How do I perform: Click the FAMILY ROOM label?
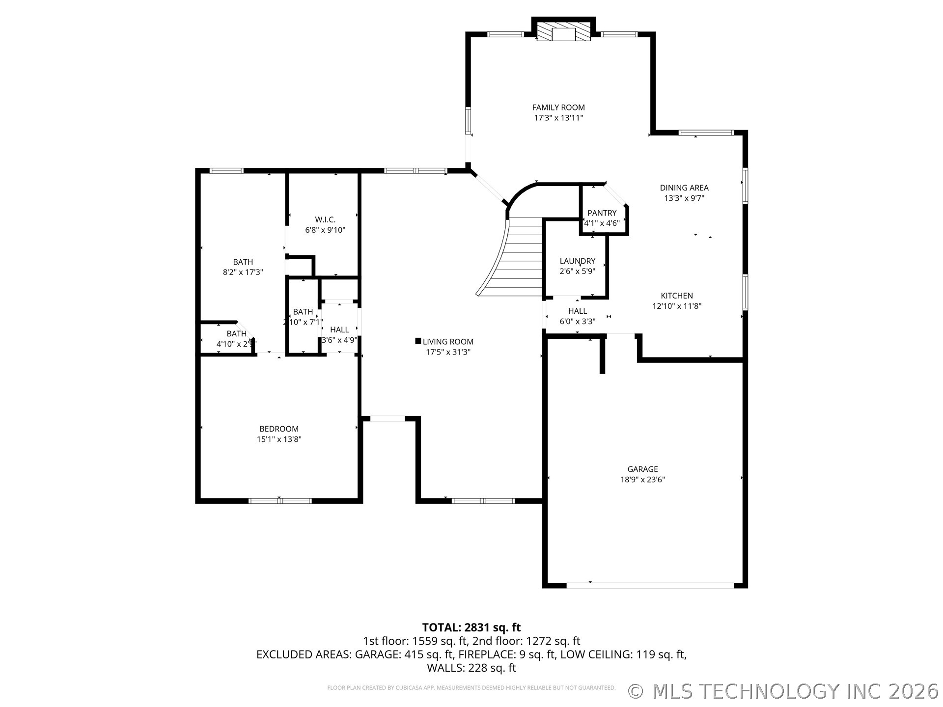(x=558, y=107)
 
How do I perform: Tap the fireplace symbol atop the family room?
(x=563, y=32)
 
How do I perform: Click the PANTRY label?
(x=602, y=213)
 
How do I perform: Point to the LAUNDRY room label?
(x=577, y=261)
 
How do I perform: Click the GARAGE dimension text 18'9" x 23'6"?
(x=642, y=480)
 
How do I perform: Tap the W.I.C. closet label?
(x=325, y=219)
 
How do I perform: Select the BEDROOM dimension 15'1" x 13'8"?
(x=279, y=439)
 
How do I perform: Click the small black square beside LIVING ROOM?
(x=418, y=341)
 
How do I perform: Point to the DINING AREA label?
(x=684, y=188)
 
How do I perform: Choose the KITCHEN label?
(x=677, y=296)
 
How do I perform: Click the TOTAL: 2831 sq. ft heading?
(x=471, y=627)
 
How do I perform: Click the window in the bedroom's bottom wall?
(x=279, y=501)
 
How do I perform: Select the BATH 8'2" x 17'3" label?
(x=243, y=262)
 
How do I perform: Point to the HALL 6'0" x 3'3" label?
(x=578, y=311)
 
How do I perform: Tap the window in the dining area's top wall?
(x=706, y=133)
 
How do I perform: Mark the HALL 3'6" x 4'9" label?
(x=339, y=330)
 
